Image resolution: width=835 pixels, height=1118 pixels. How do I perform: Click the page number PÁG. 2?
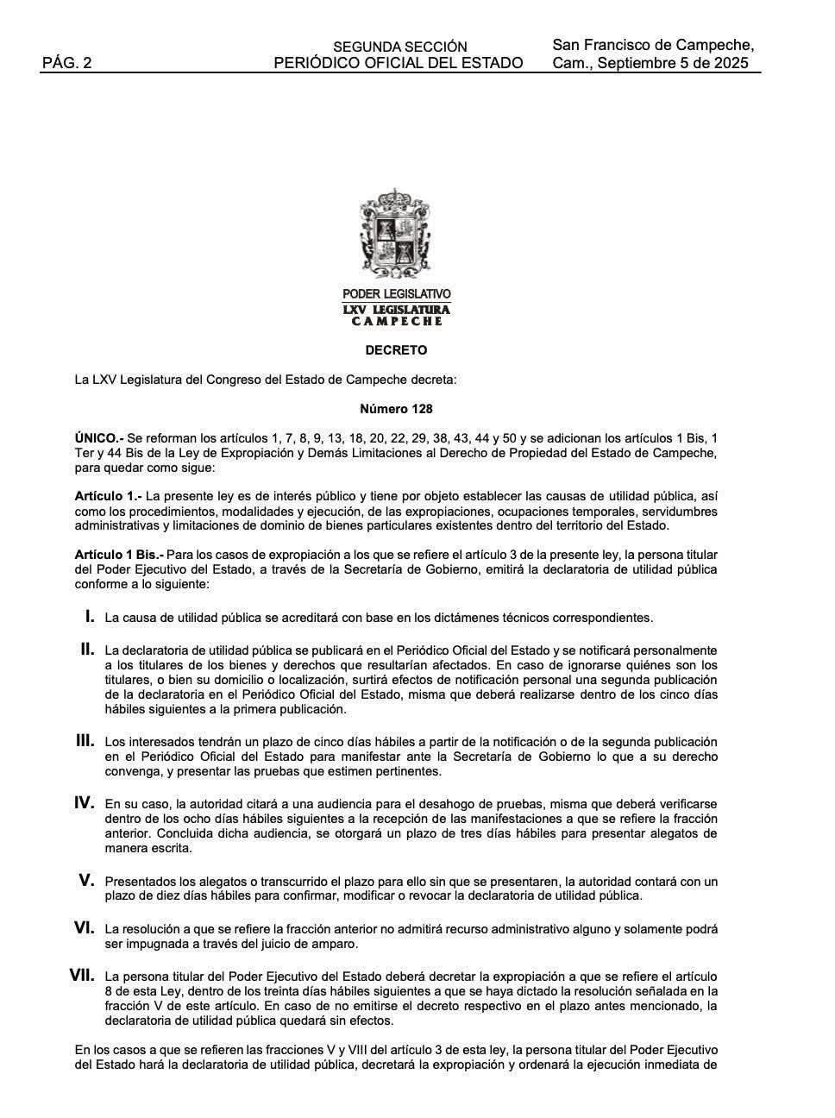66,63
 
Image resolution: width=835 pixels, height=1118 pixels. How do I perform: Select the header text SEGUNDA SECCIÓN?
399,47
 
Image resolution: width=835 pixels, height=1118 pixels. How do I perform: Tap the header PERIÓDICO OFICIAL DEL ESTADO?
399,63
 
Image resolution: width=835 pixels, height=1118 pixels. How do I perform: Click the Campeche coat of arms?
395,234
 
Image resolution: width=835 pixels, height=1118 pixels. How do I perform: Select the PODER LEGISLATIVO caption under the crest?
396,294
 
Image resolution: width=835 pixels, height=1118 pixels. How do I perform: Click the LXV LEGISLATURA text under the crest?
396,309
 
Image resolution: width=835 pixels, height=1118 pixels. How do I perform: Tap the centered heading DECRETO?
396,350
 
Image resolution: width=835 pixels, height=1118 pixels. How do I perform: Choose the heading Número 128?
396,408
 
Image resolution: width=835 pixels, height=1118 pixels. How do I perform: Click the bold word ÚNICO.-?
99,438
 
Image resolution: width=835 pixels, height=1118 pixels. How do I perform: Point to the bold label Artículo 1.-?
108,496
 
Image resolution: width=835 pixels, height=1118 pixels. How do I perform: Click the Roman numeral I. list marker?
89,616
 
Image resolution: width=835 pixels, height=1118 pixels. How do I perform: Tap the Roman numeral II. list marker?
87,649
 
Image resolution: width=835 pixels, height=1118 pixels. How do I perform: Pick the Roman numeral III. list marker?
85,740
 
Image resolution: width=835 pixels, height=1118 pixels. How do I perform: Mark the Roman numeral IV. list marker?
84,802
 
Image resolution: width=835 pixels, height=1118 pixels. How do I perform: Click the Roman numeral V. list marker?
86,880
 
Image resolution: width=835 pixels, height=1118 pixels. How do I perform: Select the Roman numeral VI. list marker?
84,928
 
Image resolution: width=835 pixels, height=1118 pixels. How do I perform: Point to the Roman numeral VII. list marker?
82,976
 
